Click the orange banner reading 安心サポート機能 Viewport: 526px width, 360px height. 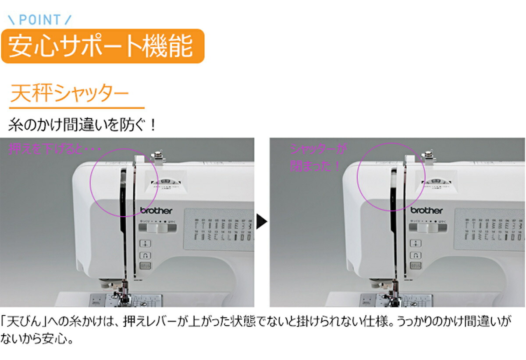click(x=102, y=46)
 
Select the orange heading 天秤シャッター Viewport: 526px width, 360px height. click(x=69, y=94)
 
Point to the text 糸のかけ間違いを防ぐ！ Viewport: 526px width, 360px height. click(x=82, y=126)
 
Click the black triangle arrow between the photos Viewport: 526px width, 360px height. click(x=262, y=222)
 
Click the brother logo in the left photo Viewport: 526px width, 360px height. click(x=156, y=210)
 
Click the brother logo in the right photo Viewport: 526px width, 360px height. click(x=426, y=210)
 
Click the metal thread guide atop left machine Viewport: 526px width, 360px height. click(x=156, y=159)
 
